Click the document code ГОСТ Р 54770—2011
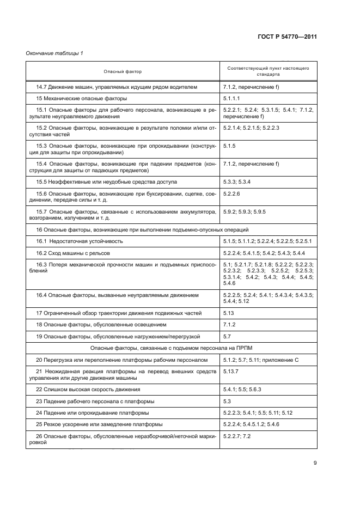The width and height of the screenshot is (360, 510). [287, 37]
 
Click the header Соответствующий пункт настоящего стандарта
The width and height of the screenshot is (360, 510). [268, 71]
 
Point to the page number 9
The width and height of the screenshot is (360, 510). [315, 463]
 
